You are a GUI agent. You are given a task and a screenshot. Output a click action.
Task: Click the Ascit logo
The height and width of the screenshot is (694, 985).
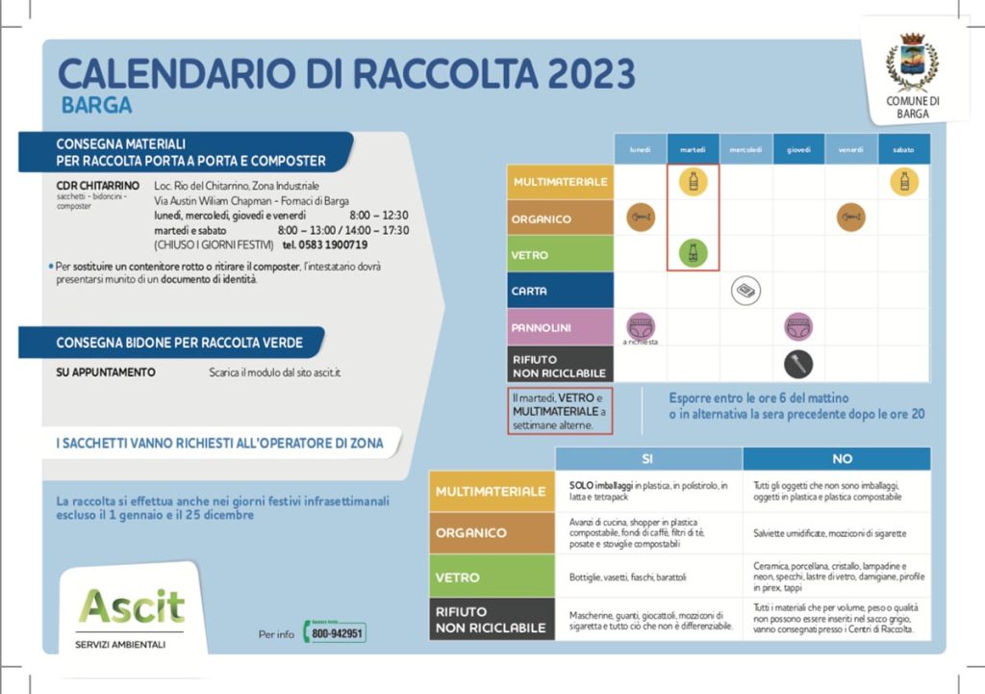pos(132,606)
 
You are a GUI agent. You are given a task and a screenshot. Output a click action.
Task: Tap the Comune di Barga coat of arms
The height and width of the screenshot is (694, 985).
pos(911,62)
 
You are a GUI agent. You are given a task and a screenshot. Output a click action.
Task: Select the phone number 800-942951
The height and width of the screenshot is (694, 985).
pos(337,633)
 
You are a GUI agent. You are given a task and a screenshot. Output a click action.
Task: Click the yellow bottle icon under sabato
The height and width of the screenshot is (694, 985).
pos(902,181)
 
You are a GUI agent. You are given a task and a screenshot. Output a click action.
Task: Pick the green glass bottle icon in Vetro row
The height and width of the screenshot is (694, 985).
pos(693,254)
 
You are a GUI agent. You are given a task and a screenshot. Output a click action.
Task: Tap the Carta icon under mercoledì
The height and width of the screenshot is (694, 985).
pos(745,291)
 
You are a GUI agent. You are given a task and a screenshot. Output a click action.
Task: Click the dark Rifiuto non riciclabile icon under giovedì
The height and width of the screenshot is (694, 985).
pos(797,364)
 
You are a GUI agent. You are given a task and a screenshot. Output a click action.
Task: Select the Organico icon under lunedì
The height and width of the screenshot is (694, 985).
pos(641,218)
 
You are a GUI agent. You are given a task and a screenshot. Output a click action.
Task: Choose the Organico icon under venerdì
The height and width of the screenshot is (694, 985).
pos(850,218)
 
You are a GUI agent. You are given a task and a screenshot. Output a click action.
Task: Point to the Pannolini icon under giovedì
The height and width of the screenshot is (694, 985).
pos(798,327)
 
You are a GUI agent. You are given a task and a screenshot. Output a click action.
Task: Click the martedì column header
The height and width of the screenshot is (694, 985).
pos(693,149)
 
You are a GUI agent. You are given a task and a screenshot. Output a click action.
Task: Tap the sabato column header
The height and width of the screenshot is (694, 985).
pos(903,149)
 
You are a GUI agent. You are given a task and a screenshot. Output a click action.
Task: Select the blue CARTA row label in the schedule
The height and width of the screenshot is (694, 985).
pos(560,291)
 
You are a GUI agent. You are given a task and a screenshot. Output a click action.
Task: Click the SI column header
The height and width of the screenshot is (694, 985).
pos(647,459)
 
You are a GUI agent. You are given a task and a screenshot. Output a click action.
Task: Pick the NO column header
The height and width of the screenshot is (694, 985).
pos(842,459)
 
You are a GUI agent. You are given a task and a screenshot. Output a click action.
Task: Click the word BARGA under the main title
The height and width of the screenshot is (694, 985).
pos(96,105)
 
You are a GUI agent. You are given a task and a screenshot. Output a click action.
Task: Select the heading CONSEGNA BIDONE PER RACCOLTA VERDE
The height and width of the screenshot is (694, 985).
pos(179,343)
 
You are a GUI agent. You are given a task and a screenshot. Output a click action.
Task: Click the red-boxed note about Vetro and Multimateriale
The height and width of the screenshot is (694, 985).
pos(559,411)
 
